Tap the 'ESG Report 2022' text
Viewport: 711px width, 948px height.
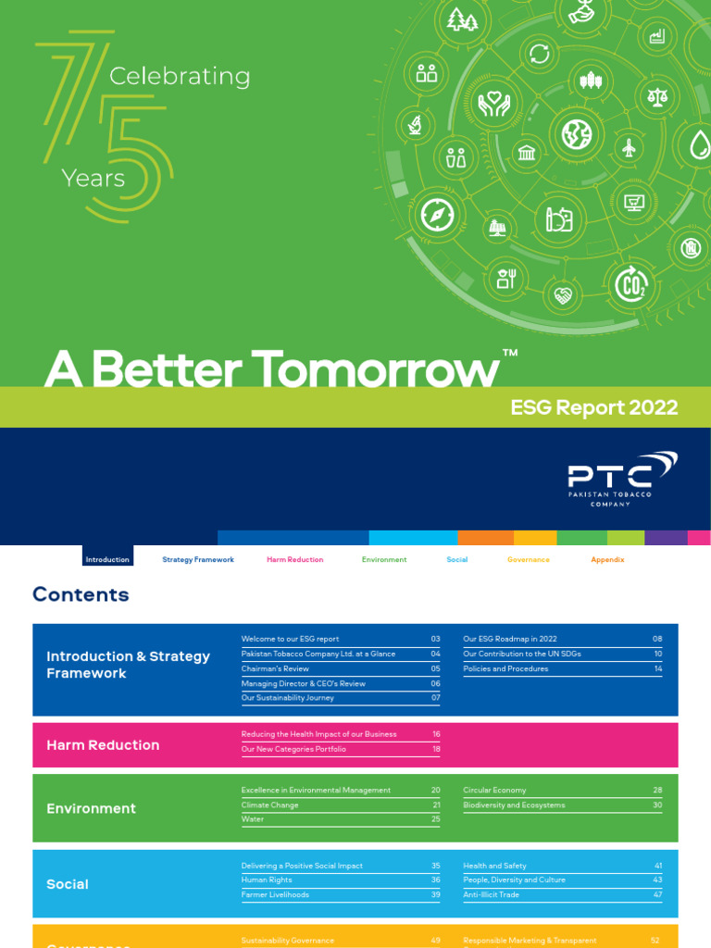point(594,407)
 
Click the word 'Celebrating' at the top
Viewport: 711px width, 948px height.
point(180,77)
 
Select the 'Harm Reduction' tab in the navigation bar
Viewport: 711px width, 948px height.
point(294,560)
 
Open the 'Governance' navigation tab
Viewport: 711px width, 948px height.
point(528,560)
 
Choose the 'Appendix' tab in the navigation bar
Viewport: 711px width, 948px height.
point(607,560)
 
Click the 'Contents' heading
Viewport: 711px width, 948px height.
point(81,594)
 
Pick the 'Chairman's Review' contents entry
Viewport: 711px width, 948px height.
point(275,668)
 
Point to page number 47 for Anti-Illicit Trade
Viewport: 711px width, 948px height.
point(657,895)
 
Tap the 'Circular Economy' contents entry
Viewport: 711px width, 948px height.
point(494,791)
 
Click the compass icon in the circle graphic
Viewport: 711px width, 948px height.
point(436,215)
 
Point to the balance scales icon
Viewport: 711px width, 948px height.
point(657,95)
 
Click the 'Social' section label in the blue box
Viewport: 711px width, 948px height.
point(68,884)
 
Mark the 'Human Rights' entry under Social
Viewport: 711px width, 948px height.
point(267,880)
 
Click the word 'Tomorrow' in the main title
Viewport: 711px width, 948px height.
point(375,370)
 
